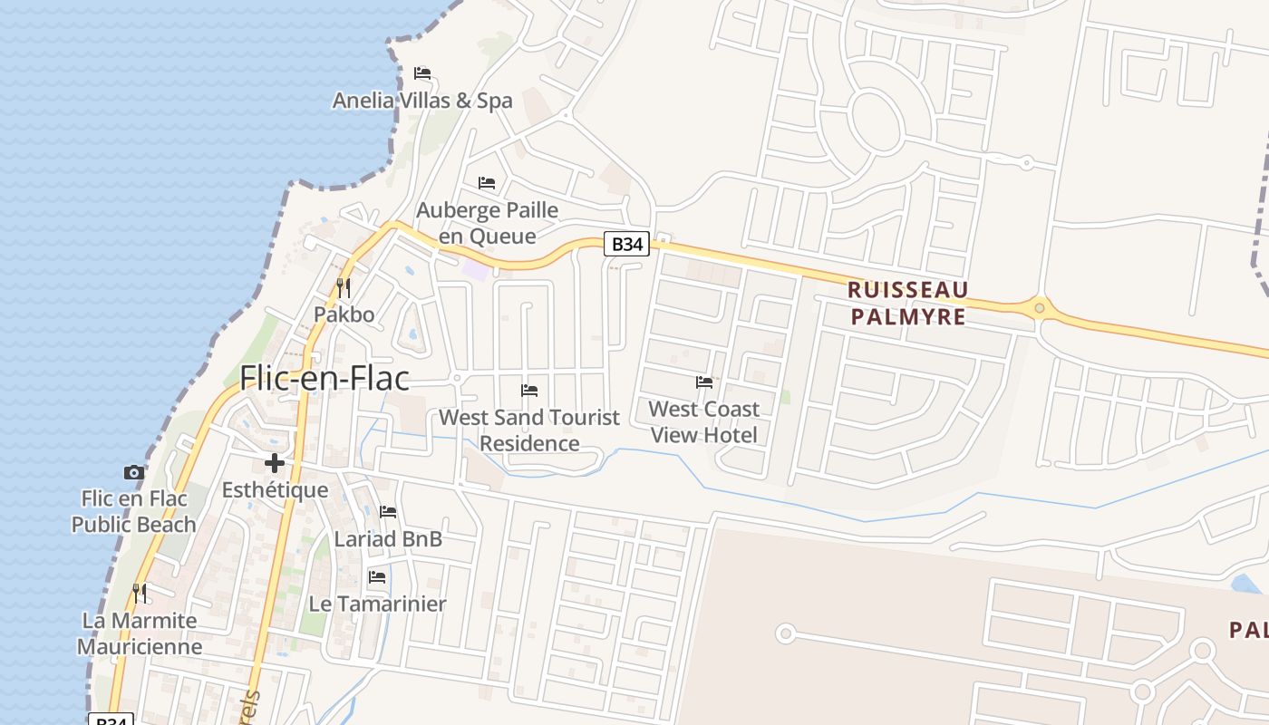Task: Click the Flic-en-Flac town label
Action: click(x=325, y=378)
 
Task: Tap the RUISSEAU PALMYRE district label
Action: click(x=907, y=303)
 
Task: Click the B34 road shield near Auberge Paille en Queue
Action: click(x=627, y=244)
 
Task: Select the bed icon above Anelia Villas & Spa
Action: click(x=422, y=73)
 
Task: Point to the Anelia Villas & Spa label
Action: click(x=422, y=101)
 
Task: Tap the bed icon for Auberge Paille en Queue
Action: click(x=487, y=183)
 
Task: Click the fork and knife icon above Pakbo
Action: click(x=344, y=288)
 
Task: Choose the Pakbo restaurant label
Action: click(x=344, y=314)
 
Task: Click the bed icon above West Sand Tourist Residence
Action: click(x=529, y=391)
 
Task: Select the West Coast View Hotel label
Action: click(x=703, y=421)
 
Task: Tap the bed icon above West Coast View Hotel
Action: click(x=703, y=382)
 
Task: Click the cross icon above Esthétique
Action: click(x=275, y=464)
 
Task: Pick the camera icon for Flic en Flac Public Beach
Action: click(x=134, y=472)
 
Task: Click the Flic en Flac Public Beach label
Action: click(x=134, y=511)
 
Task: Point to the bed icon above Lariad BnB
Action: click(x=388, y=512)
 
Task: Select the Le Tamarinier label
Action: click(x=377, y=604)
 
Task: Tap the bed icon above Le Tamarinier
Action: click(x=377, y=577)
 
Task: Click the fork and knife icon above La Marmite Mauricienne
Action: click(x=140, y=594)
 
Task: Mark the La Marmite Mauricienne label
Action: click(x=140, y=633)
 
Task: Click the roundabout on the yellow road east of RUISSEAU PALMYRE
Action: click(x=1040, y=308)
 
